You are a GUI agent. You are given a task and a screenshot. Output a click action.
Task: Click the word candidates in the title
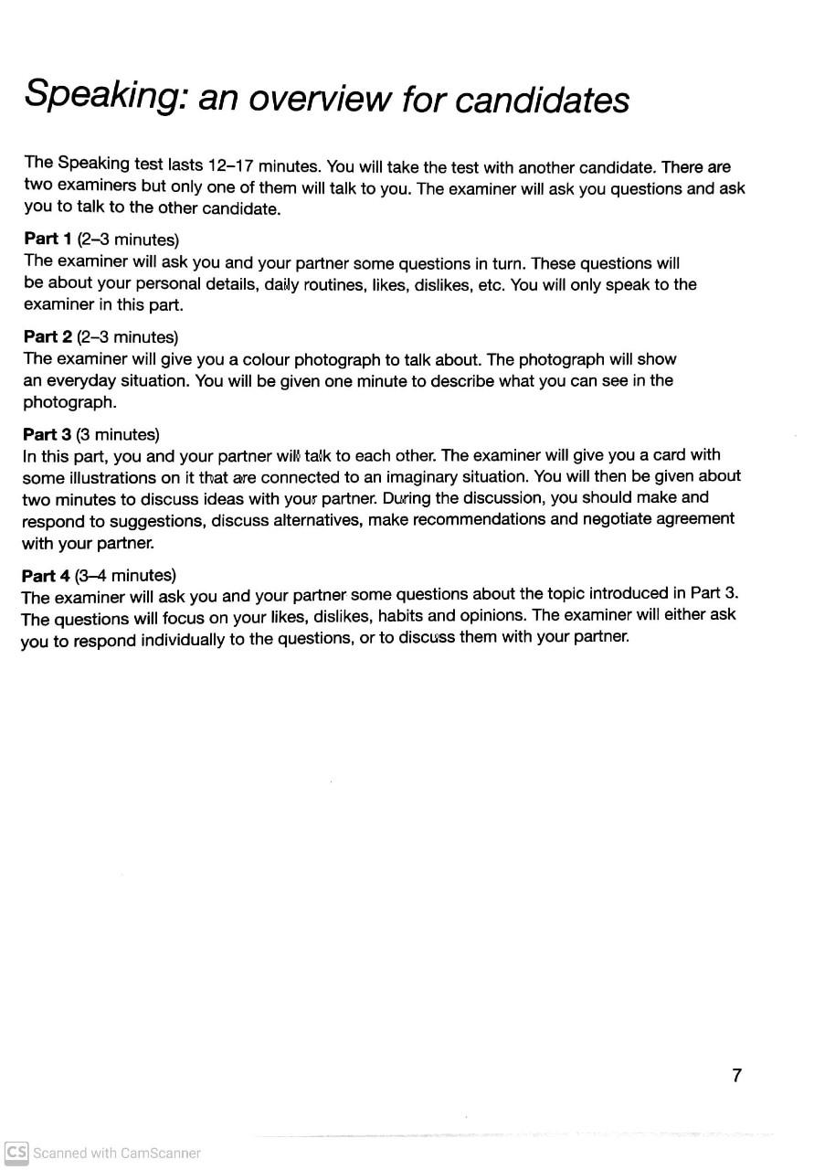click(x=542, y=100)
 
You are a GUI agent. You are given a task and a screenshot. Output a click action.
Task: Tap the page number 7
click(x=736, y=1075)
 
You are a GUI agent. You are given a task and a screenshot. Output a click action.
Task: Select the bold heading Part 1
click(x=48, y=239)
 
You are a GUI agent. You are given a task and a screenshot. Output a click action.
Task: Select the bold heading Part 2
click(x=48, y=337)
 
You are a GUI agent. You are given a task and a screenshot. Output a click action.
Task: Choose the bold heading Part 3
click(x=48, y=434)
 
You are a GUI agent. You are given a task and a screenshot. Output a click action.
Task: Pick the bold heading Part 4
click(x=47, y=576)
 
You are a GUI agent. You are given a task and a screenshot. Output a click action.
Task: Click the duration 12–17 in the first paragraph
click(x=229, y=166)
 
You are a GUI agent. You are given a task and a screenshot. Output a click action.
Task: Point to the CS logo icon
click(x=16, y=1152)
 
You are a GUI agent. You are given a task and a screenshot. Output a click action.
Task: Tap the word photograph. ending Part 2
click(x=69, y=402)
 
